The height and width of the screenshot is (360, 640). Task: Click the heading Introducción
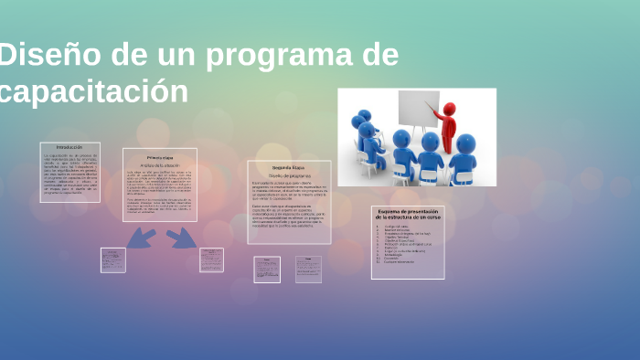coord(69,147)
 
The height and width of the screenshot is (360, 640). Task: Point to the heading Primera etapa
coord(160,156)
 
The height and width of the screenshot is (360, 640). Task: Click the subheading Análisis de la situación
coord(160,164)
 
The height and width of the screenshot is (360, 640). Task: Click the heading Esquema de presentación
coord(408,214)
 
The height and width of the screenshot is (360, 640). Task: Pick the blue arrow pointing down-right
coord(182,238)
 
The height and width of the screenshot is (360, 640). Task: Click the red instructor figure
coord(447,127)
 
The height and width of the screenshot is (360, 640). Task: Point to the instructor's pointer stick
coord(435,115)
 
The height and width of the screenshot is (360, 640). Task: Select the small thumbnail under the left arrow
coord(113,259)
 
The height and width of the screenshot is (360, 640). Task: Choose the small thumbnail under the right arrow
coord(211,259)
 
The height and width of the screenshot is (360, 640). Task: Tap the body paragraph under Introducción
coord(69,174)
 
